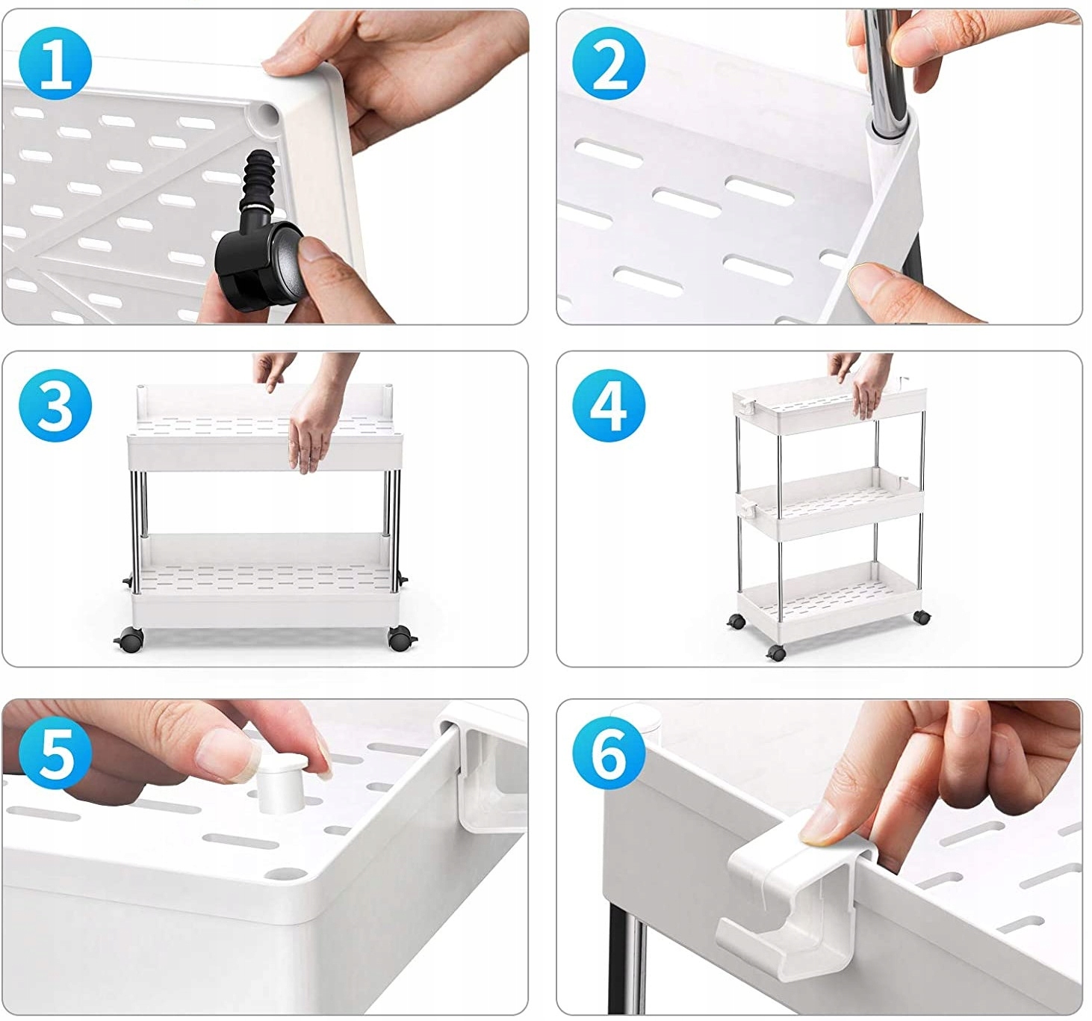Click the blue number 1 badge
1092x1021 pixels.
click(x=55, y=64)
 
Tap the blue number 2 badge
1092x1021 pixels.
click(x=609, y=64)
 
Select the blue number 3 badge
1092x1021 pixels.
click(x=55, y=405)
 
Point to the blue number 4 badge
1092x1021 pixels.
click(x=609, y=405)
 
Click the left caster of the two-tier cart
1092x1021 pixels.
click(x=130, y=640)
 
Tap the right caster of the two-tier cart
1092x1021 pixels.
click(x=401, y=638)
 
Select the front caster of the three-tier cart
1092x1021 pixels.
click(x=776, y=653)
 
